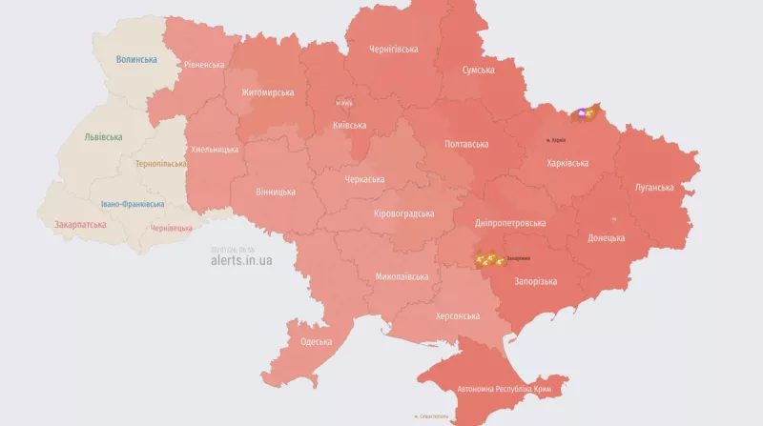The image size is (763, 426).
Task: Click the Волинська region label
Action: tap(135, 59)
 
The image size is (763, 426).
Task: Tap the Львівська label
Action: tap(103, 137)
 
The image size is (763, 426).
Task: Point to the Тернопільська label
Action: tap(161, 164)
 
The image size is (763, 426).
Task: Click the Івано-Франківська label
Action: tap(133, 204)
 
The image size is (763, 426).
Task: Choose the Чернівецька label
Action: tap(172, 228)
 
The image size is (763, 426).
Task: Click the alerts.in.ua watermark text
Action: tap(241, 259)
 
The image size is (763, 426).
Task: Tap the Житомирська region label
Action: tap(268, 92)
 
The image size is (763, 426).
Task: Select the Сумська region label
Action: tap(478, 71)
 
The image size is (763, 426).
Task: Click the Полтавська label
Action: tap(466, 144)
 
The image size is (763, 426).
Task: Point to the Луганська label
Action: tap(653, 188)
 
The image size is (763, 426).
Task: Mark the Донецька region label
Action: tap(607, 238)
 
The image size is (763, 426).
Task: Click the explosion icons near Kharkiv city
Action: tap(582, 115)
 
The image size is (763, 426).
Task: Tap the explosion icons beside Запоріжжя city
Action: tap(488, 259)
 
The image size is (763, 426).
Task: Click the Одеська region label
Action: tap(316, 341)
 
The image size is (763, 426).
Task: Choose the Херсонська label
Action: tap(458, 315)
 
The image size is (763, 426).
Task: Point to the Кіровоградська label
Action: tap(403, 213)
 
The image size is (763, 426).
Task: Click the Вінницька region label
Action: tap(275, 192)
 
